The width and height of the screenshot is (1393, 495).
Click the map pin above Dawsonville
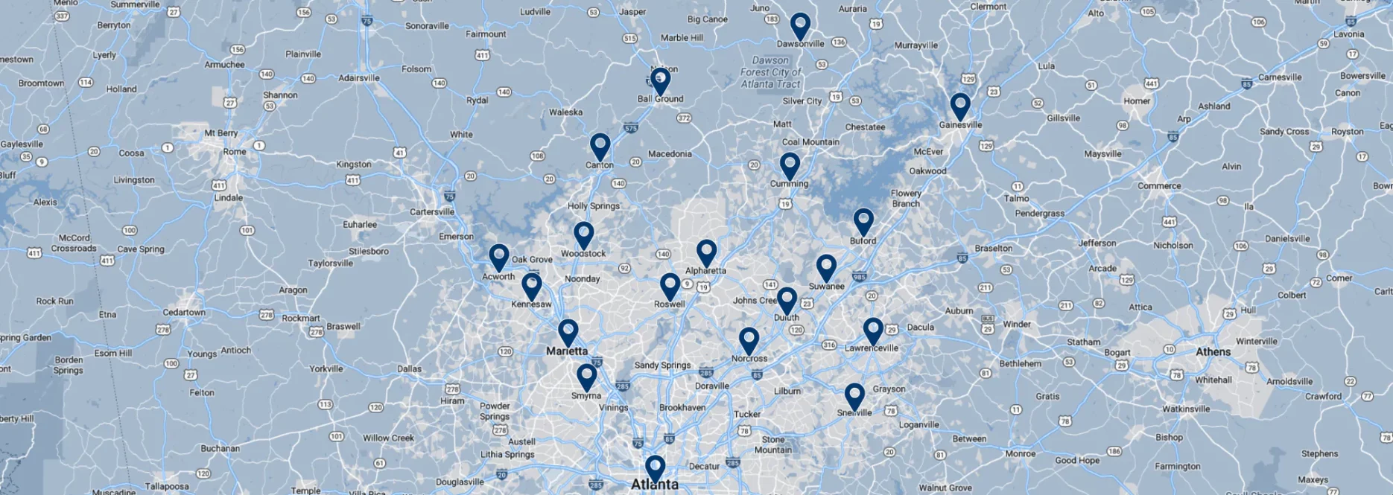(x=800, y=25)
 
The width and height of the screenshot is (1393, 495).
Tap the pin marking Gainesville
(x=960, y=105)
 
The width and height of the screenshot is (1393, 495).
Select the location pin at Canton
(x=600, y=145)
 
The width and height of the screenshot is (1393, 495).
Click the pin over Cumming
(x=790, y=165)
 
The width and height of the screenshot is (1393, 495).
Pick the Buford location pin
(x=863, y=220)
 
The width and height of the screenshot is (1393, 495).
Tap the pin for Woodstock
(x=584, y=234)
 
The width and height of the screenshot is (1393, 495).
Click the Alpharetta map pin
(x=706, y=252)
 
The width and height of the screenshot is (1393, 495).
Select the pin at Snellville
(x=854, y=395)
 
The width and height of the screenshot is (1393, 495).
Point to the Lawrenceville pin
(x=873, y=330)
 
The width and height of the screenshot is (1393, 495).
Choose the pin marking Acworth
(x=499, y=256)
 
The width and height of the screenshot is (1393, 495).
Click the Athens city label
(x=1213, y=352)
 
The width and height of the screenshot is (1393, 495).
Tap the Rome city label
(x=235, y=152)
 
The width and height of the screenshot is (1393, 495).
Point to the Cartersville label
(x=432, y=212)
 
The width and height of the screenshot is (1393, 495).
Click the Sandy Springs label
(x=662, y=365)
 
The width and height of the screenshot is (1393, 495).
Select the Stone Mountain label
(x=773, y=444)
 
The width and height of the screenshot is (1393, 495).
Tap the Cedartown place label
(x=184, y=313)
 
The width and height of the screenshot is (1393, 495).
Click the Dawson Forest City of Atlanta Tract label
(x=770, y=72)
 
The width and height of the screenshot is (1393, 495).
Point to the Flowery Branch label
(x=906, y=198)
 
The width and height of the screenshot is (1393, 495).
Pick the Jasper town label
(x=632, y=12)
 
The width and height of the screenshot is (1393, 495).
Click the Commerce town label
(x=1159, y=186)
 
